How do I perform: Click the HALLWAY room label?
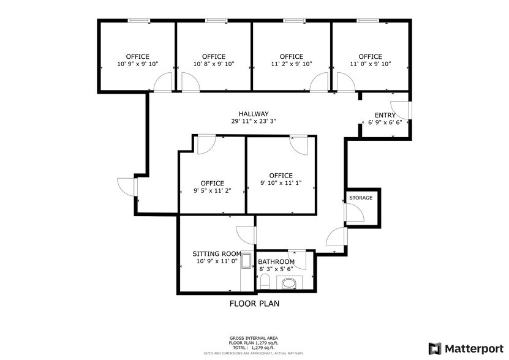[254, 114]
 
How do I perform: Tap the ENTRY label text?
[385, 114]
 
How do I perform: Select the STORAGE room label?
[360, 198]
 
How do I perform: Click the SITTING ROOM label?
[217, 253]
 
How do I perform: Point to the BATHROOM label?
[280, 261]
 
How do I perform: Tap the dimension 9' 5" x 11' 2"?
[212, 191]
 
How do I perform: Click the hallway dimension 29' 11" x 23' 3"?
[254, 121]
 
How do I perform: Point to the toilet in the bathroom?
[265, 281]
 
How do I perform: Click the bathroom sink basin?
[287, 282]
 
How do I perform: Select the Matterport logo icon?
[434, 348]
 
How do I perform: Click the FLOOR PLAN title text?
[255, 303]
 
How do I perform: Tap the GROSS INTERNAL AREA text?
[254, 339]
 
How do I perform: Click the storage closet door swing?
[354, 212]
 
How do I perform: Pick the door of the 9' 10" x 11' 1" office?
[298, 145]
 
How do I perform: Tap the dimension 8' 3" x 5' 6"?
[276, 269]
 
